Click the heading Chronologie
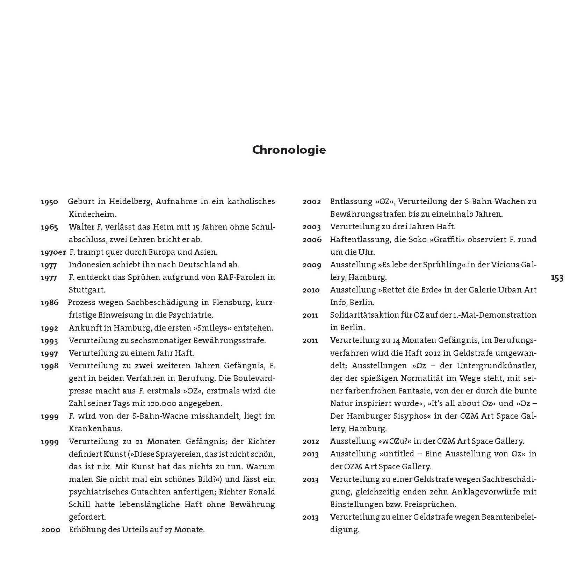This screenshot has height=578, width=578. (289, 150)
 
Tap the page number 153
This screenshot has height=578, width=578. (557, 277)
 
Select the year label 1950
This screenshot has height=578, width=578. (49, 202)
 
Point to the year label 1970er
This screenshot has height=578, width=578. (53, 252)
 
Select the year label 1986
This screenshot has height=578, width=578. (49, 303)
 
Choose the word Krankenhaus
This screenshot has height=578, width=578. (95, 428)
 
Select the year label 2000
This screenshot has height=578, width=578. (51, 530)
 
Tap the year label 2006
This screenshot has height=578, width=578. (312, 240)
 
